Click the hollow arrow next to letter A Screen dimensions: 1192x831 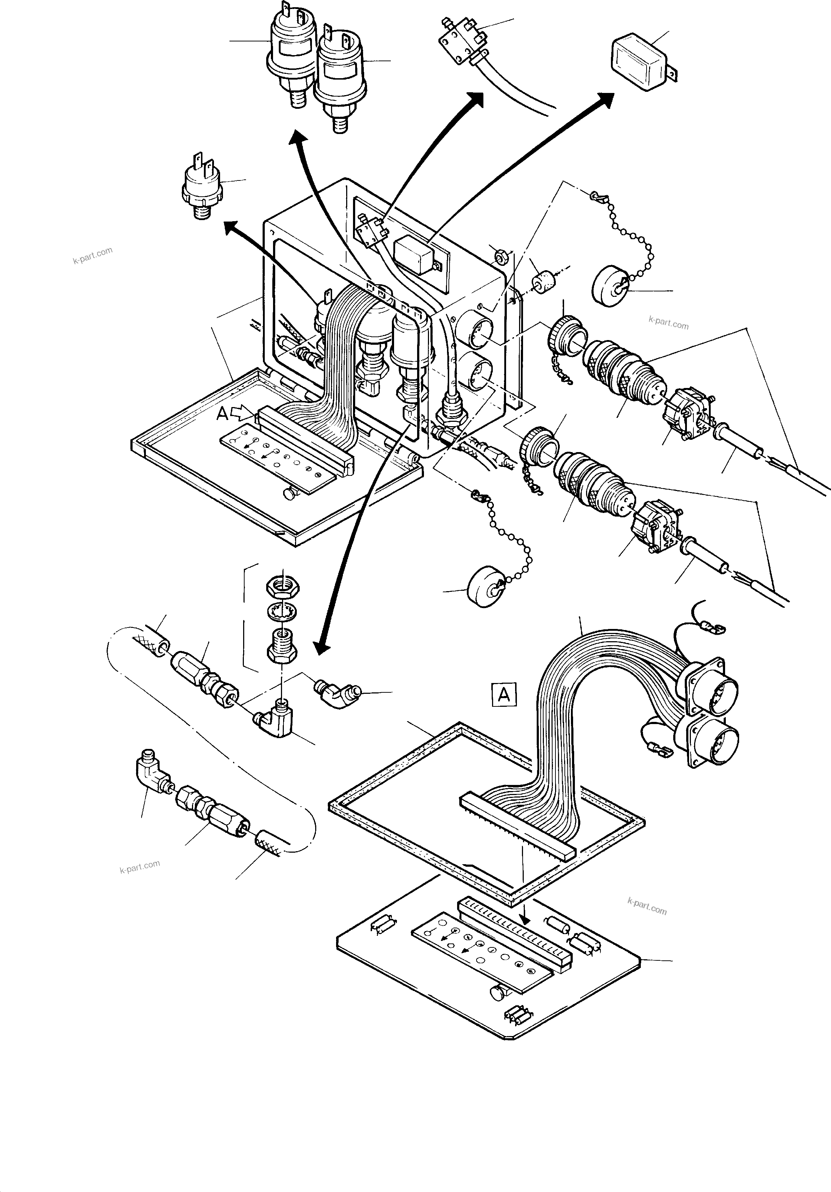(244, 413)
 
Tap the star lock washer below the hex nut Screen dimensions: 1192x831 (282, 612)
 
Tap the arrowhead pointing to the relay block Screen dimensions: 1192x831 (607, 99)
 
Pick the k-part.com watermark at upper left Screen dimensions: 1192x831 (92, 255)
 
